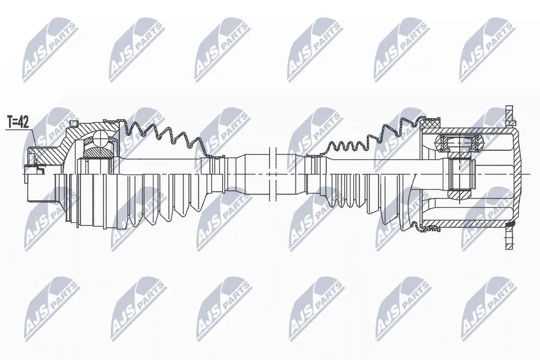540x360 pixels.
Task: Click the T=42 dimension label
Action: pyautogui.click(x=19, y=121)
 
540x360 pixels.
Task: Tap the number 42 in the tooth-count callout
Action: pyautogui.click(x=24, y=121)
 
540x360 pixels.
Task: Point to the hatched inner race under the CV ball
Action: pyautogui.click(x=98, y=151)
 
